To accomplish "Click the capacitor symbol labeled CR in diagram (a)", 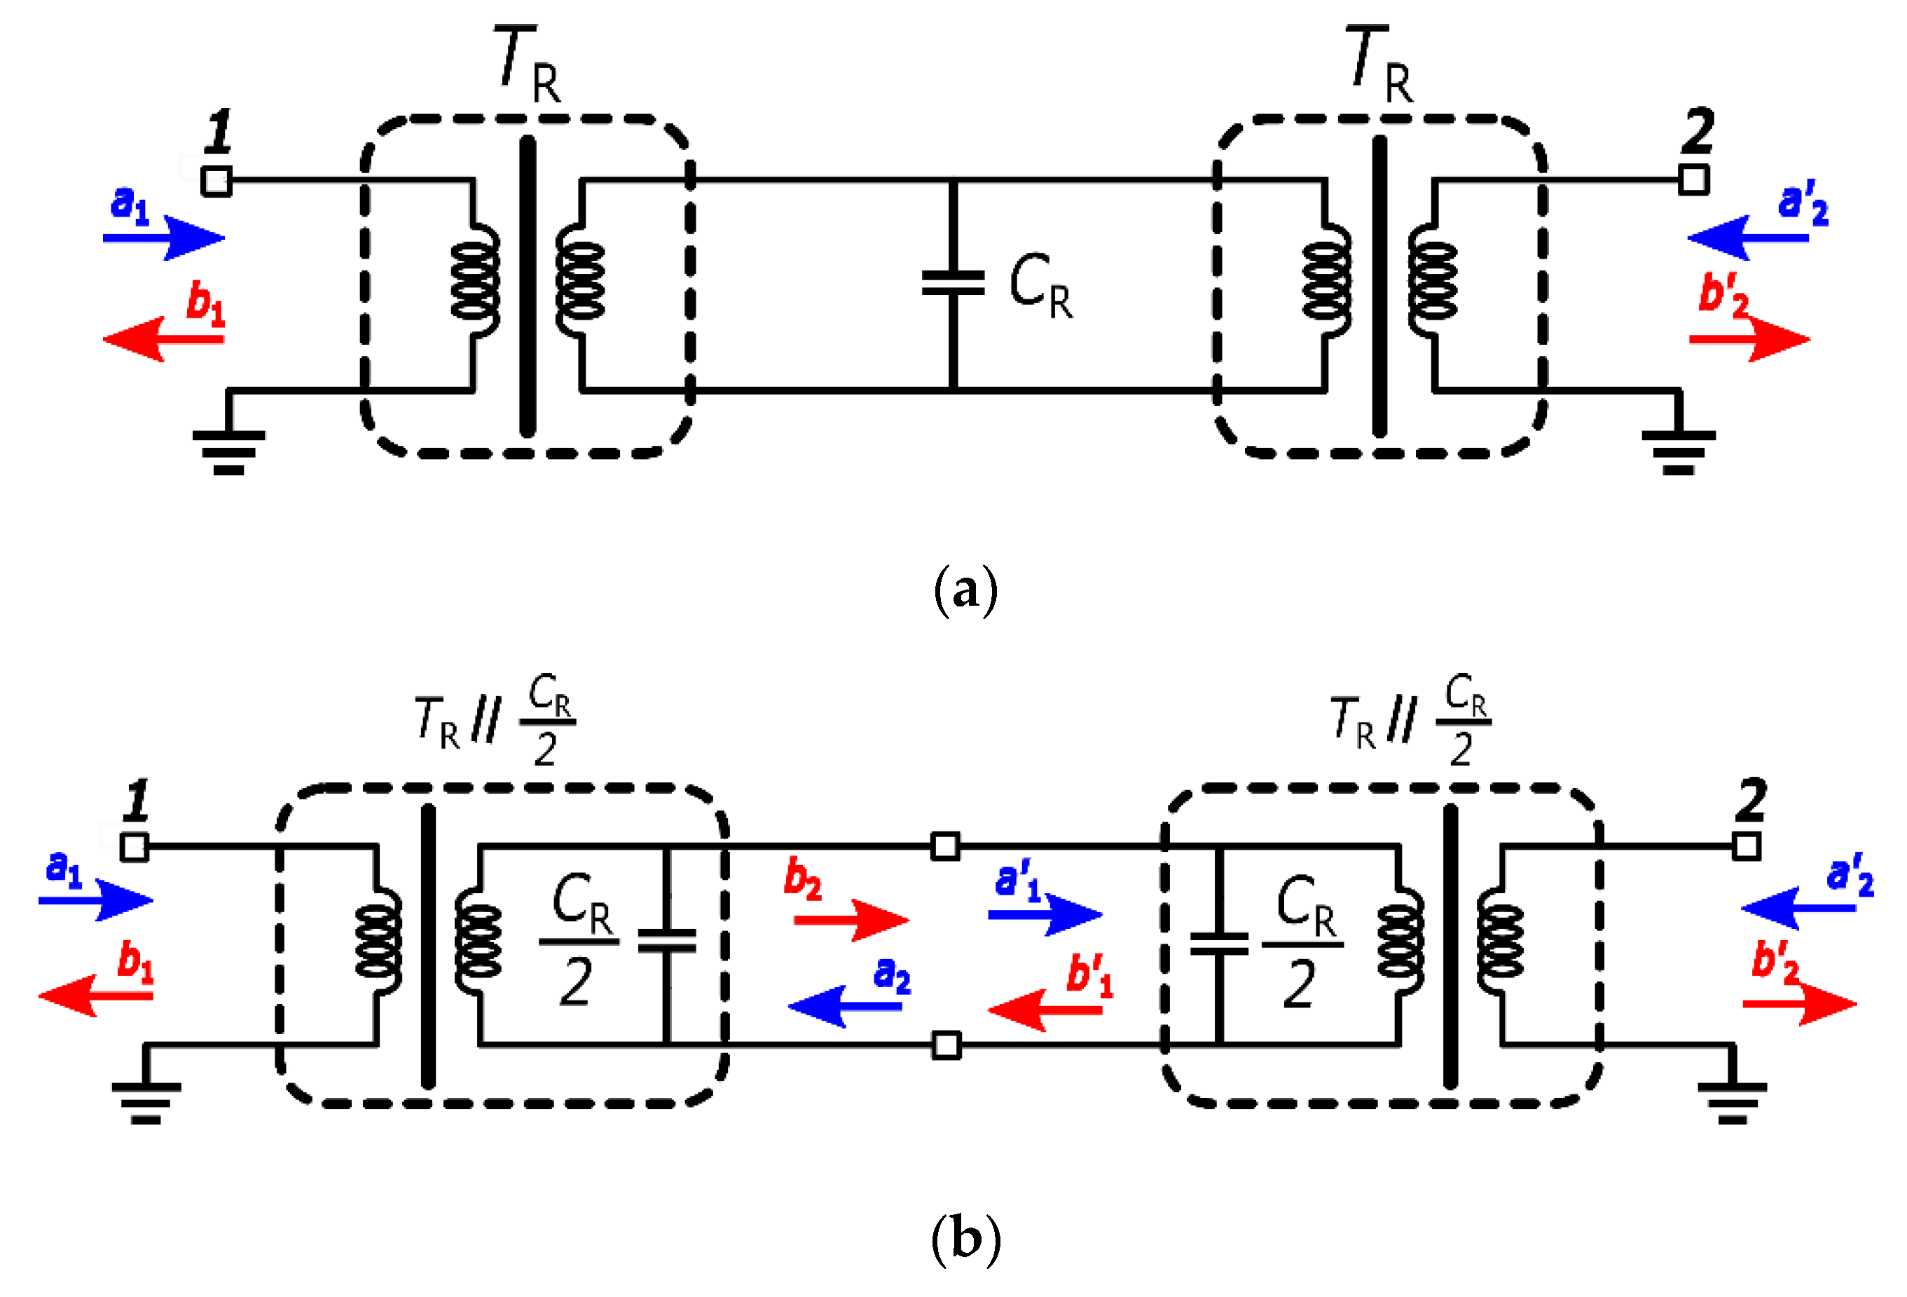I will pyautogui.click(x=953, y=283).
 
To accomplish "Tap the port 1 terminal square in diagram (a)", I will pyautogui.click(x=216, y=181).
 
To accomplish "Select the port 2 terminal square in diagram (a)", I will pyautogui.click(x=1693, y=179).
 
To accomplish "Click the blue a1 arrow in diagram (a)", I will pyautogui.click(x=164, y=238).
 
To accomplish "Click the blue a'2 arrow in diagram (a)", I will pyautogui.click(x=1748, y=238).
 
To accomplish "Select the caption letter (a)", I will pyautogui.click(x=966, y=590).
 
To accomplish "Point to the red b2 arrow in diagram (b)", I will pyautogui.click(x=852, y=921).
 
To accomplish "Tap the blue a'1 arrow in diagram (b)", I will pyautogui.click(x=1045, y=914).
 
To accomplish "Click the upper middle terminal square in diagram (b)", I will pyautogui.click(x=945, y=846).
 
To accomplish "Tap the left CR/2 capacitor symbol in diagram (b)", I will pyautogui.click(x=666, y=941).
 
